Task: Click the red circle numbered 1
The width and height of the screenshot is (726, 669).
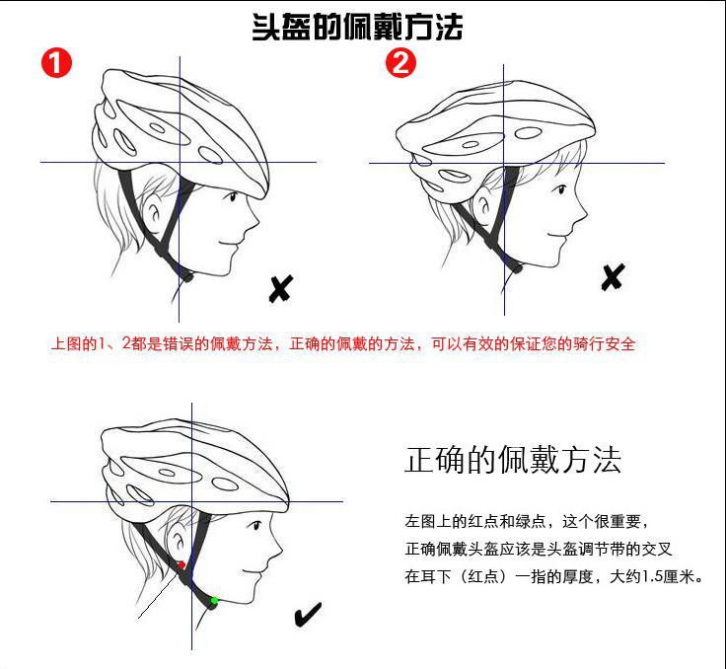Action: (56, 62)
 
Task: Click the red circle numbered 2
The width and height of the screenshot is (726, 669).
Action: (400, 62)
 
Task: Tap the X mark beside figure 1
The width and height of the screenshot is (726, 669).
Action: (280, 289)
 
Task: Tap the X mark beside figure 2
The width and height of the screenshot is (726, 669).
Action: (613, 277)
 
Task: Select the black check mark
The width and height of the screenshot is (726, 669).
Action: (308, 615)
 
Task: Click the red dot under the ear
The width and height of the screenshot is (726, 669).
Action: (181, 564)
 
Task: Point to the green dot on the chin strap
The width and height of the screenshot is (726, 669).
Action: (214, 601)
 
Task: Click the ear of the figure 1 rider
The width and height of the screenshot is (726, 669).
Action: (153, 211)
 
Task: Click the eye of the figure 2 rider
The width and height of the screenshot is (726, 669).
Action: (561, 189)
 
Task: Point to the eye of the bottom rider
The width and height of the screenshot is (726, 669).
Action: (255, 525)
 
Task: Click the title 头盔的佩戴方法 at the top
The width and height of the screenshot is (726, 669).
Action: (357, 27)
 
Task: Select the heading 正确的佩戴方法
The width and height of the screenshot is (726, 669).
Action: (513, 460)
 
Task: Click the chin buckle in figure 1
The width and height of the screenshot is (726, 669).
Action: (187, 277)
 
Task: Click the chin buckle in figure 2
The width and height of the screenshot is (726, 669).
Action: (517, 267)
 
